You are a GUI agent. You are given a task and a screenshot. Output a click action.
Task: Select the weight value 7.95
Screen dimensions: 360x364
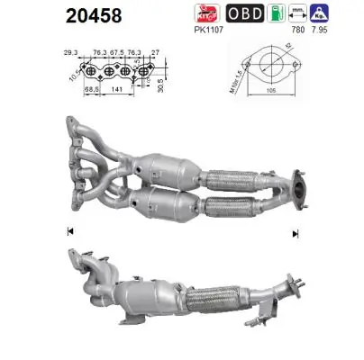(346, 30)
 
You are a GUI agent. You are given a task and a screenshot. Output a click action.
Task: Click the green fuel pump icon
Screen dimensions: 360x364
(286, 13)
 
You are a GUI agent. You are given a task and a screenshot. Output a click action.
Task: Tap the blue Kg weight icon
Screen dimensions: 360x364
(345, 13)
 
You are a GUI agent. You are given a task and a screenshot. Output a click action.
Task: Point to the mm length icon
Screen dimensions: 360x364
(317, 13)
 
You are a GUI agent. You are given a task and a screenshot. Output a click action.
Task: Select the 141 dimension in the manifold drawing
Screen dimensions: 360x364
(116, 90)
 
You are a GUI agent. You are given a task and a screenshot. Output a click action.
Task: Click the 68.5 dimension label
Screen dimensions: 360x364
(90, 90)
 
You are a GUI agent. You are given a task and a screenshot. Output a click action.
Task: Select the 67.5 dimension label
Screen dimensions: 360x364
(116, 52)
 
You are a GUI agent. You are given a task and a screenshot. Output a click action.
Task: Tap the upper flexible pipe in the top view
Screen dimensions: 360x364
(222, 175)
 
